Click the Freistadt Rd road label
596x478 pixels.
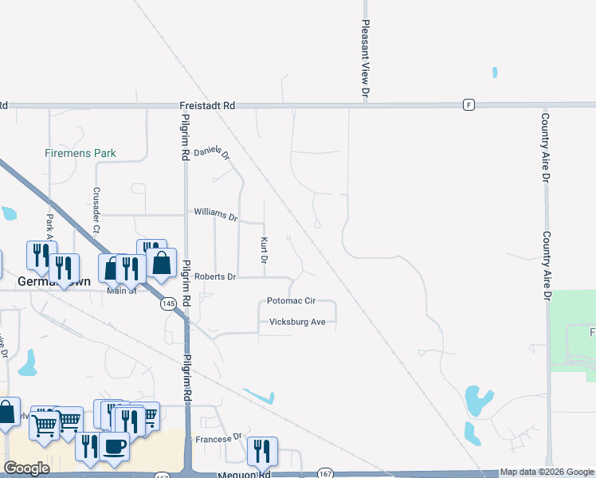point(207,105)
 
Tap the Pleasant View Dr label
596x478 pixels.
point(366,60)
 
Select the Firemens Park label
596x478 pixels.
point(80,153)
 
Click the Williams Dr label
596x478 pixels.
point(216,214)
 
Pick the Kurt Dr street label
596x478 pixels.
point(264,250)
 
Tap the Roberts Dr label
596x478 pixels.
point(215,276)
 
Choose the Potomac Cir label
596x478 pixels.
point(292,301)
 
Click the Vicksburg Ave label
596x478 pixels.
point(298,321)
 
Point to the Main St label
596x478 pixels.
point(123,291)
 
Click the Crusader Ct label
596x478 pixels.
point(96,210)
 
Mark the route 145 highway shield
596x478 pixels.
point(168,304)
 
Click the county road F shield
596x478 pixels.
point(469,104)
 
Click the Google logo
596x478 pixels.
point(26,468)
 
